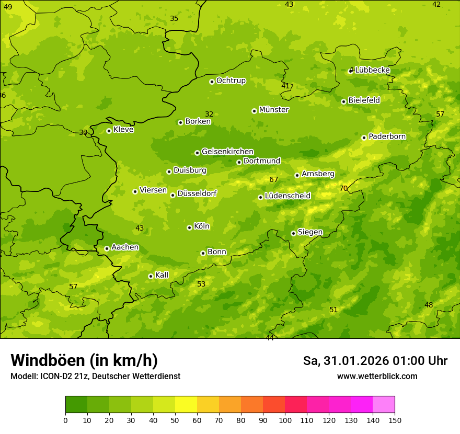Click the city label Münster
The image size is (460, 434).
tap(274, 110)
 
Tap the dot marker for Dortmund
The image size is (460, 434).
tap(239, 162)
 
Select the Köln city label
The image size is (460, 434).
tap(202, 226)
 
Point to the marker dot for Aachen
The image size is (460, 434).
tap(107, 248)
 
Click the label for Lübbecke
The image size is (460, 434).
tap(372, 70)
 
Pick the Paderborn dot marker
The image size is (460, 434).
tap(364, 138)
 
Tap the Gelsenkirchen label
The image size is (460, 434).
tap(227, 152)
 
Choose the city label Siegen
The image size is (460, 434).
tap(310, 232)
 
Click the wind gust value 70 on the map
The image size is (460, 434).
tap(343, 188)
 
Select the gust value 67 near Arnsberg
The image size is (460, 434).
tap(273, 179)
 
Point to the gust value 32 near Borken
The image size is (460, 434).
tap(209, 114)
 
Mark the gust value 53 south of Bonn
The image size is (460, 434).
tap(201, 284)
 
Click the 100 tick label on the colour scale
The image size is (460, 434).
tap(285, 420)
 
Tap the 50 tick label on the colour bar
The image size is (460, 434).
tap(175, 420)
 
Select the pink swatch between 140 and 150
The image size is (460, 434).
tap(384, 405)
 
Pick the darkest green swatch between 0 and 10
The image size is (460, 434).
tap(76, 405)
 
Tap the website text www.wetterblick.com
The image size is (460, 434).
tap(377, 376)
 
